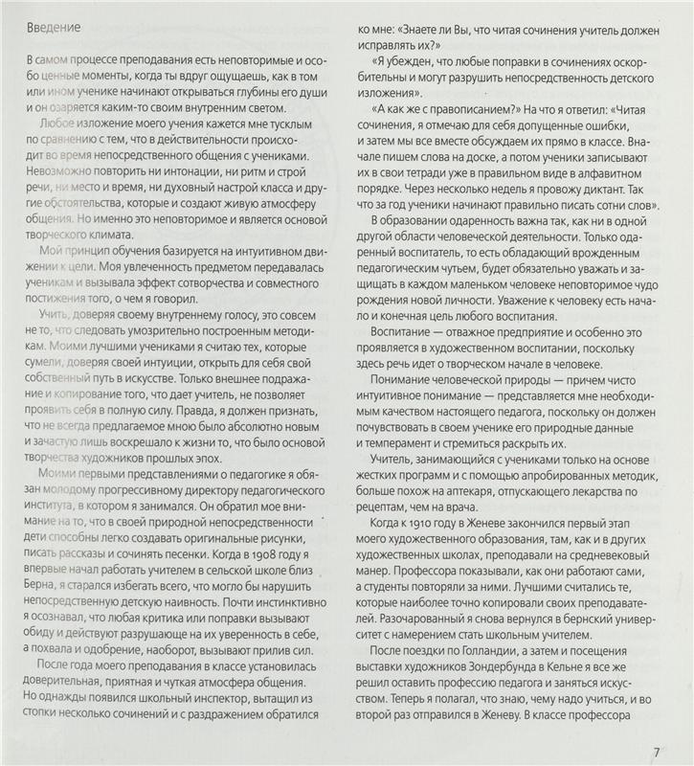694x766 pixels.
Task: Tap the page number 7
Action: [x=657, y=751]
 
